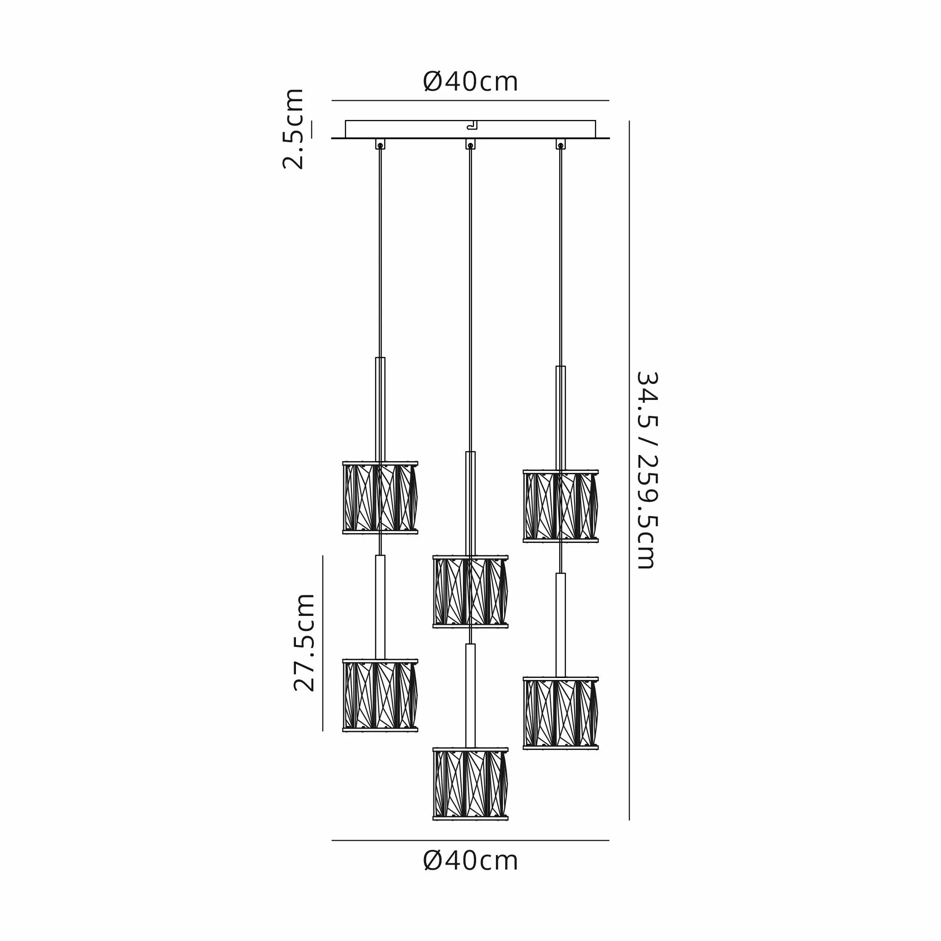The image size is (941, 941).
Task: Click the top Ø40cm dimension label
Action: (470, 82)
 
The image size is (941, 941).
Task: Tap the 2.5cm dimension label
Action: (293, 128)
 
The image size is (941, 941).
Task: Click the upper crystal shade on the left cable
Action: (380, 497)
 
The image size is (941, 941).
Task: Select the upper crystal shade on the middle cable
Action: (470, 591)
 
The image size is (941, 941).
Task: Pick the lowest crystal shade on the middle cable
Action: (470, 784)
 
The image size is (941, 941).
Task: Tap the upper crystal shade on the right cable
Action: (561, 506)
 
